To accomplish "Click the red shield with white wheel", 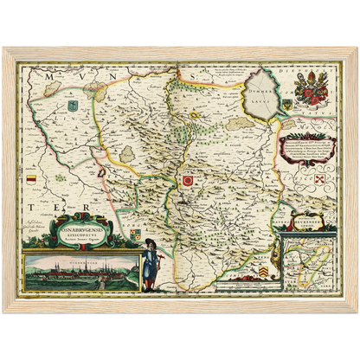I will click(x=186, y=180).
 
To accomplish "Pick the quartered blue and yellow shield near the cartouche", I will click(x=136, y=231).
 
